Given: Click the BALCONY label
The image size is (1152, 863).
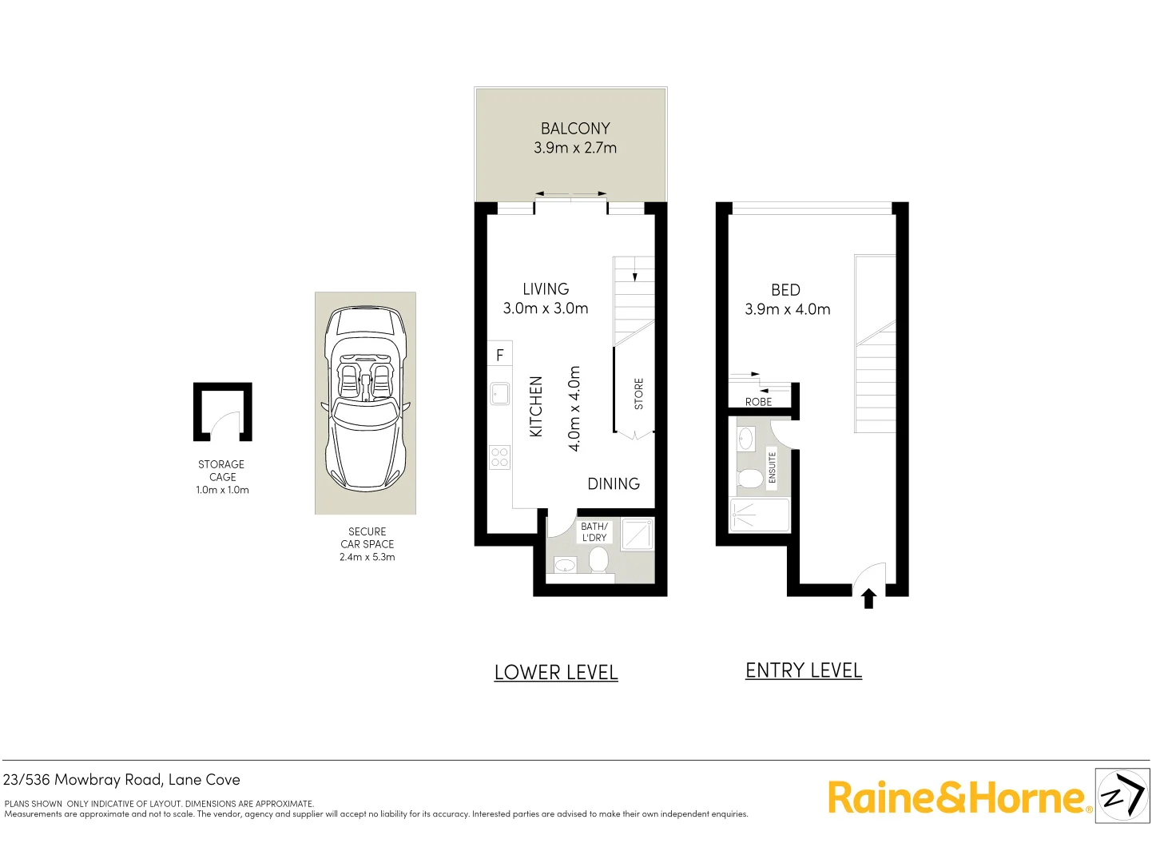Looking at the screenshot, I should (x=575, y=129).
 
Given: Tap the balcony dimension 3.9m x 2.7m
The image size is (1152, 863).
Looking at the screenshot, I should (x=575, y=148).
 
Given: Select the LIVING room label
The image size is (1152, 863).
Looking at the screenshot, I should (x=546, y=289).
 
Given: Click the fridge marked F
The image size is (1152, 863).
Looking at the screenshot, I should (x=500, y=355).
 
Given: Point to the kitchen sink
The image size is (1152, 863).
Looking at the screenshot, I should (x=500, y=393).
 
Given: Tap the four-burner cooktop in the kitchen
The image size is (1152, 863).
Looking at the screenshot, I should (x=500, y=457).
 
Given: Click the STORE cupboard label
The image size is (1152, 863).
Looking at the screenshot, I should (x=638, y=394).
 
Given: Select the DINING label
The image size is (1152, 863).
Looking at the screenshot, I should (x=614, y=483).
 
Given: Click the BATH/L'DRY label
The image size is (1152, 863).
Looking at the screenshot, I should (x=594, y=532).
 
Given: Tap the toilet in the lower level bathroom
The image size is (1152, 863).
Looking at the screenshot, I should (x=598, y=559).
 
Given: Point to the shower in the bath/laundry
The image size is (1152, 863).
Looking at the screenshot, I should (x=637, y=534).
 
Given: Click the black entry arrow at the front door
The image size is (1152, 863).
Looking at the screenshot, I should (x=869, y=599).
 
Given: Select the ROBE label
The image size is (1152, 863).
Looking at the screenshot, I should (x=758, y=402).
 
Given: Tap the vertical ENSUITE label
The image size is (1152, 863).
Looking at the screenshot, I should (x=772, y=467).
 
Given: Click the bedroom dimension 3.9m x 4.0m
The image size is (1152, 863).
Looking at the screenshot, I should (x=787, y=309).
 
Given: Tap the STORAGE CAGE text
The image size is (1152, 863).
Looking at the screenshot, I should (x=222, y=471).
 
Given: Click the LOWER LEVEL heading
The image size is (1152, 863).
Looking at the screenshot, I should (x=556, y=672).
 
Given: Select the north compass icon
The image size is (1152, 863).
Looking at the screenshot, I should (x=1122, y=795).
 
